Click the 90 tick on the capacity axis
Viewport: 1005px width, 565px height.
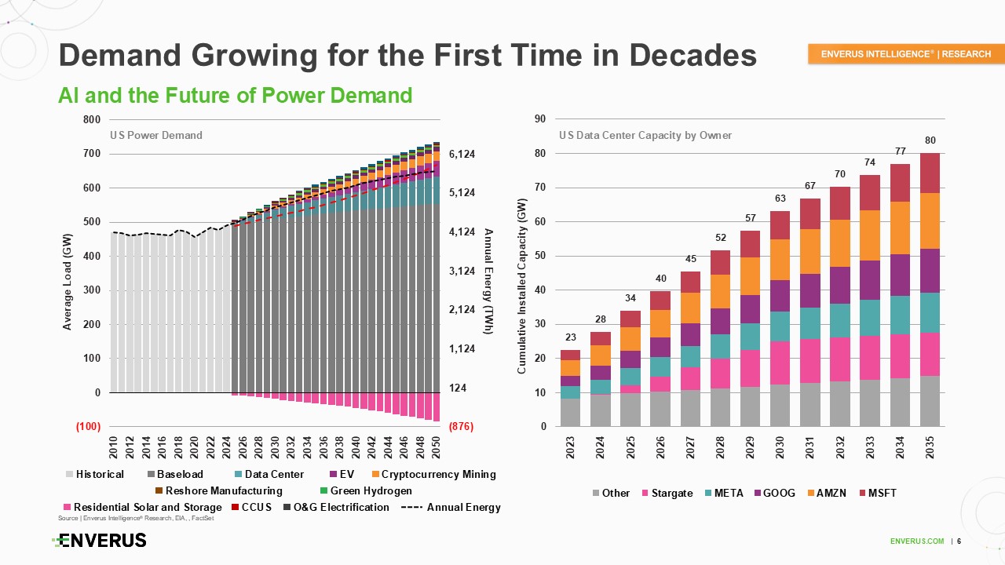(x=541, y=119)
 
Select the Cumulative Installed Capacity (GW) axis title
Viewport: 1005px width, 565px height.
(x=522, y=285)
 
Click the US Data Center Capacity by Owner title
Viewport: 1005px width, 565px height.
(x=645, y=136)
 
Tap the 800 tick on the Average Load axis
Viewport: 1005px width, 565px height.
(x=91, y=119)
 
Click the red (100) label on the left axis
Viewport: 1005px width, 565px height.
(x=87, y=427)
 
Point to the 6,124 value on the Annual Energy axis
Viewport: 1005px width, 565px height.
(x=462, y=155)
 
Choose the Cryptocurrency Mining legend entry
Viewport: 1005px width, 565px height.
(x=433, y=474)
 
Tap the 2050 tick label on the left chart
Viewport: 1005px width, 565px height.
(x=436, y=447)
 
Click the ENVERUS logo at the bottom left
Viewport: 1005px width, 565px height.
(x=99, y=541)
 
